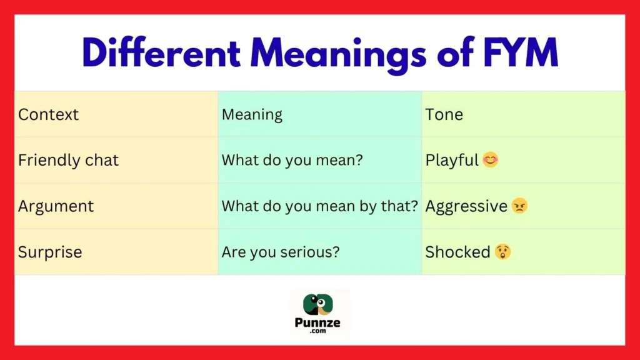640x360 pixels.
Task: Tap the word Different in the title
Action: tap(161, 53)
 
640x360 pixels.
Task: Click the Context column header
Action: tap(49, 114)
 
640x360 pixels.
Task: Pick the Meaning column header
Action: tap(252, 115)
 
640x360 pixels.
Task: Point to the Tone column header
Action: tap(444, 114)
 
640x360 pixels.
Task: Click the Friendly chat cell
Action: tap(68, 160)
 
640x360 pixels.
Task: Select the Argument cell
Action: tap(56, 206)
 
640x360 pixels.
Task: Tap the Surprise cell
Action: tap(50, 252)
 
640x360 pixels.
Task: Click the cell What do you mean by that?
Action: tap(319, 206)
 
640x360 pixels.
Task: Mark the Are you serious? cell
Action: tap(280, 252)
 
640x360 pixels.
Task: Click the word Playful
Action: tap(451, 161)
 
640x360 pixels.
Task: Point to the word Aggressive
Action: tap(466, 206)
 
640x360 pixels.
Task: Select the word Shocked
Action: tap(457, 252)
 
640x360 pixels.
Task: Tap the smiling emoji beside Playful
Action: tap(491, 161)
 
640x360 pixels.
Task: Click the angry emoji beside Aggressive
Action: tap(519, 206)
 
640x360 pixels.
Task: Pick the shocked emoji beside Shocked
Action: tap(502, 252)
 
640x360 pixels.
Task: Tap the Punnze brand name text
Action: tap(319, 323)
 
